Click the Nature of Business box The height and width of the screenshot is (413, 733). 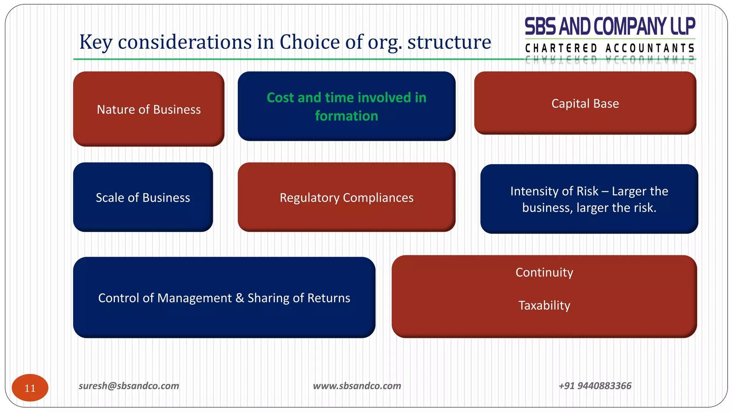click(x=149, y=109)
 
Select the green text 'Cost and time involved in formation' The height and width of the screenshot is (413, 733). click(x=346, y=106)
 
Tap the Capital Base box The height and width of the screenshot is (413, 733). click(x=585, y=103)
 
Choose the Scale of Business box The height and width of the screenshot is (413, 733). click(x=143, y=197)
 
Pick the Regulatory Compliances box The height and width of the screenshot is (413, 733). click(x=346, y=197)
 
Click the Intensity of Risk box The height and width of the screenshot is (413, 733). click(x=589, y=199)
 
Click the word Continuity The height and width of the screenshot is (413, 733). click(x=544, y=272)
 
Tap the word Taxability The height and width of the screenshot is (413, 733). click(x=544, y=305)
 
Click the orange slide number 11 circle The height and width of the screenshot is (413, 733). click(x=30, y=388)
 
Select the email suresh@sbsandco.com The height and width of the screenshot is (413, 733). click(x=129, y=386)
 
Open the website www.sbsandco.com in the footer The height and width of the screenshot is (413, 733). click(x=357, y=386)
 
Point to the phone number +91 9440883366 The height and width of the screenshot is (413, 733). click(x=595, y=386)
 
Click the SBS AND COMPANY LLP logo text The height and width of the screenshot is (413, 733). click(x=610, y=26)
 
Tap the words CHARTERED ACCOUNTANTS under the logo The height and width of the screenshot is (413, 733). click(x=610, y=48)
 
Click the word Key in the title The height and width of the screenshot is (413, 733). click(x=95, y=42)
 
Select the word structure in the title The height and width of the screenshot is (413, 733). click(x=449, y=42)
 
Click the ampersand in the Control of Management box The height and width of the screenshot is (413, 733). click(x=239, y=298)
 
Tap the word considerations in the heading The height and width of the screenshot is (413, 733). click(x=185, y=42)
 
